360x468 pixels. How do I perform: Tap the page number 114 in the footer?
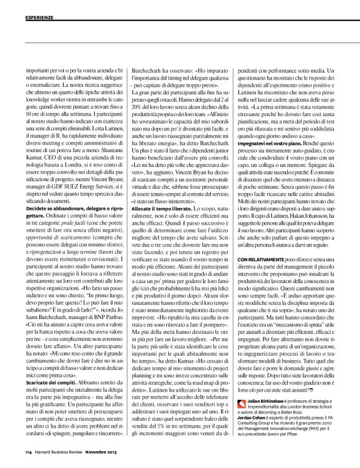click(29, 451)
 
